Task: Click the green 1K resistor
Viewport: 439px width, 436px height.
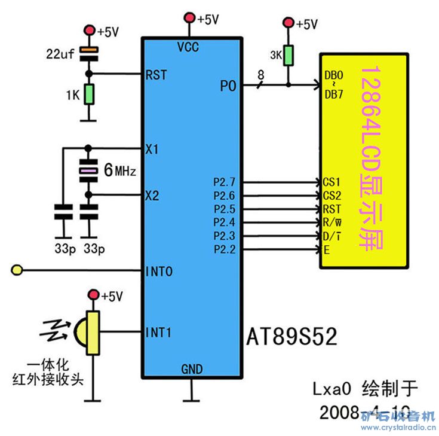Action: pyautogui.click(x=89, y=94)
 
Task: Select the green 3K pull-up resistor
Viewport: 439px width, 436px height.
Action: pyautogui.click(x=288, y=56)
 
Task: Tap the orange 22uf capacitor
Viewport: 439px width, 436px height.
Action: pyautogui.click(x=89, y=53)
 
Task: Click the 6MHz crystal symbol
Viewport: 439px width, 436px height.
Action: pyautogui.click(x=89, y=172)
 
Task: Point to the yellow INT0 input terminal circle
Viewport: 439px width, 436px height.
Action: pyautogui.click(x=17, y=272)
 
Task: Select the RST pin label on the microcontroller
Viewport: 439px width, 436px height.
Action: pyautogui.click(x=155, y=75)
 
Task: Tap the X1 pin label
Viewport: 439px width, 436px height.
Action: pyautogui.click(x=152, y=148)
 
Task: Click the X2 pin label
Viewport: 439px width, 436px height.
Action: pyautogui.click(x=152, y=195)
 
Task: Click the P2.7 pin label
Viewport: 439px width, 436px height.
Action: pyautogui.click(x=224, y=181)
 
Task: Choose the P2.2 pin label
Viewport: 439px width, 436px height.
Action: pyautogui.click(x=224, y=249)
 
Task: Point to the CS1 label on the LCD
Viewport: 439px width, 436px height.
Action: pyautogui.click(x=331, y=181)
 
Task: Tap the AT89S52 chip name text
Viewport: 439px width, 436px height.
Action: pyautogui.click(x=291, y=337)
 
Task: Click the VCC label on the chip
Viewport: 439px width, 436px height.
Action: pyautogui.click(x=189, y=47)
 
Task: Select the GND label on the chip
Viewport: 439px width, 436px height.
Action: pyautogui.click(x=192, y=369)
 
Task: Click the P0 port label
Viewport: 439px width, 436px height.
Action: pyautogui.click(x=228, y=86)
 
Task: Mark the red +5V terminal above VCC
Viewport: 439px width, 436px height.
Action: pyautogui.click(x=191, y=17)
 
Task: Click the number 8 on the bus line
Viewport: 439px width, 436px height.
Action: pyautogui.click(x=260, y=75)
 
